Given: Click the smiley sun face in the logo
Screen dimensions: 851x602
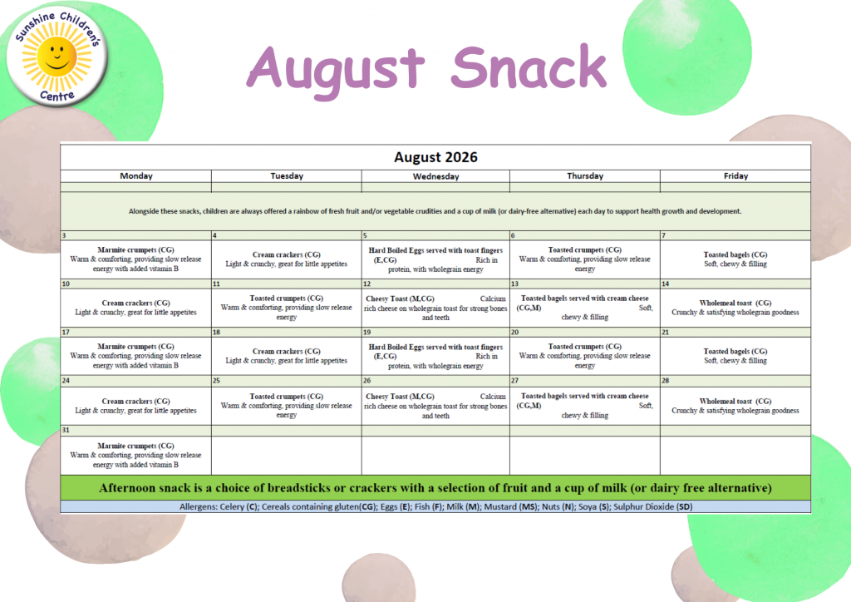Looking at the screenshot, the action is point(57,56).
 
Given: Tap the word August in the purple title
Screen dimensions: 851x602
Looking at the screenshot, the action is point(335,70).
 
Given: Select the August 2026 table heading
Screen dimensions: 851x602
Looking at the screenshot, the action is point(435,157).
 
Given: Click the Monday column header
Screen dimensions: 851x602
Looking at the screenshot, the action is point(136,176).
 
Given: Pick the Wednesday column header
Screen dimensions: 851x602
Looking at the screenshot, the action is point(435,176).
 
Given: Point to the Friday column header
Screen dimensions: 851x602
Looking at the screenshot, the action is point(736,176).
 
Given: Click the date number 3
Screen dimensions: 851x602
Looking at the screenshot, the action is point(64,235).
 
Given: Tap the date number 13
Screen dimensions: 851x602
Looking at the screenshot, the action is point(514,284).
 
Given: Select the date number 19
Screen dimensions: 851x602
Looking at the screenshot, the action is point(366,333).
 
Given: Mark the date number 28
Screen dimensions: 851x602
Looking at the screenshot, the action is point(666,381).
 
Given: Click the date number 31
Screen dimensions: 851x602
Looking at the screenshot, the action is point(66,430).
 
